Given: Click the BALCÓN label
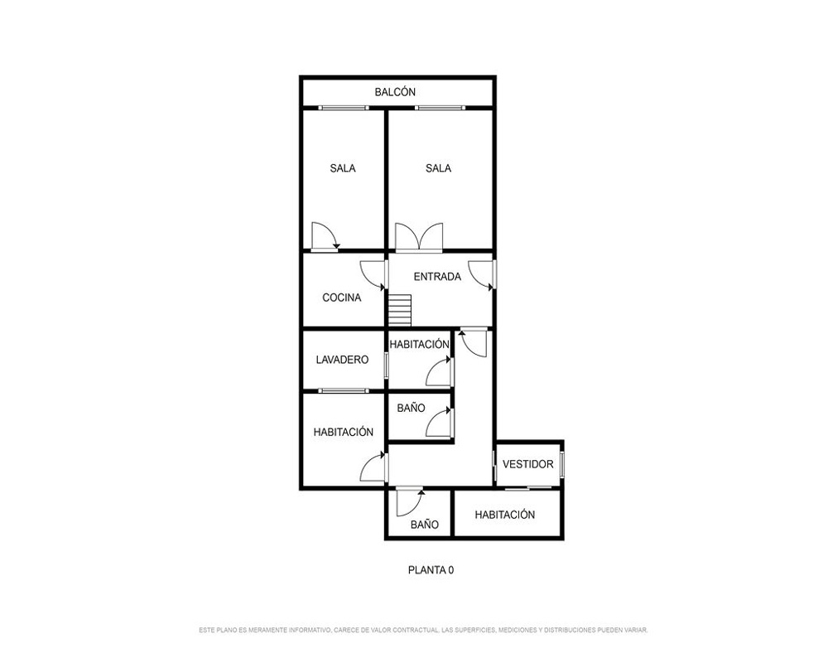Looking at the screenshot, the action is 395,92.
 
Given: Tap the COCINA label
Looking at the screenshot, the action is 342,298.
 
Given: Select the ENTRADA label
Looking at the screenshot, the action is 437,277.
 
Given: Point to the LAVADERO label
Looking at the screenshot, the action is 342,360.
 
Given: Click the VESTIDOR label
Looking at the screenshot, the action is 528,464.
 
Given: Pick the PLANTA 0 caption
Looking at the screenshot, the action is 431,570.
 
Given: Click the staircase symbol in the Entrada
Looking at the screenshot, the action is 400,311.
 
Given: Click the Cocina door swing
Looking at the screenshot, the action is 373,275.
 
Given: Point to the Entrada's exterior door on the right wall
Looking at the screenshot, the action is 482,275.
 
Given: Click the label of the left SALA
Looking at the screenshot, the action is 343,168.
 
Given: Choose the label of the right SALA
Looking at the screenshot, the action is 438,168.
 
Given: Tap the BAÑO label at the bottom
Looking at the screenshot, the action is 425,525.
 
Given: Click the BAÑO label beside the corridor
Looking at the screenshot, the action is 411,409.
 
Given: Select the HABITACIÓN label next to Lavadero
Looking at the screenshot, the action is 419,344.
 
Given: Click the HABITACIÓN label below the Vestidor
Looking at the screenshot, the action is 505,515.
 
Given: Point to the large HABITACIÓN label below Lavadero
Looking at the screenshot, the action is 344,432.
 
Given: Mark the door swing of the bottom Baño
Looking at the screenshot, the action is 410,502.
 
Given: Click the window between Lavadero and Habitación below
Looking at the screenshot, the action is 344,390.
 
